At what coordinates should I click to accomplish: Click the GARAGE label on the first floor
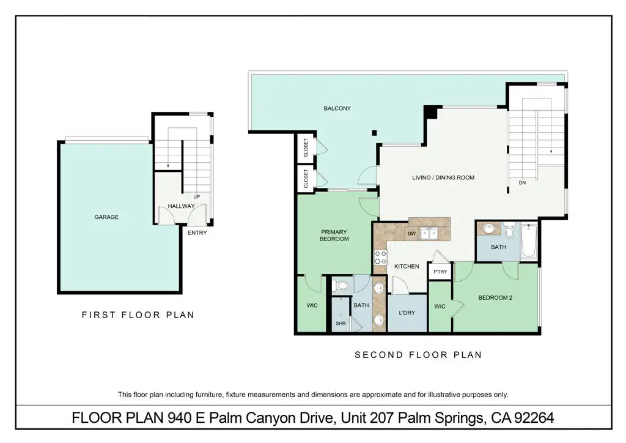click(x=106, y=217)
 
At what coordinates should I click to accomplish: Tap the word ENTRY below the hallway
click(x=197, y=233)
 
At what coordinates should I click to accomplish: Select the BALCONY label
click(x=337, y=108)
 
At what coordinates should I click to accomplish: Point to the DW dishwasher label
click(x=411, y=234)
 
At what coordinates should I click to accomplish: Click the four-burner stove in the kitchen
click(x=380, y=257)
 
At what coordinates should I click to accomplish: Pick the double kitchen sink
click(x=430, y=234)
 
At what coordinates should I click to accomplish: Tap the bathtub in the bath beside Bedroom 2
click(x=529, y=241)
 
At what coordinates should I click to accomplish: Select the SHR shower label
click(x=341, y=323)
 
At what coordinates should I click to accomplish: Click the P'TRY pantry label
click(x=440, y=272)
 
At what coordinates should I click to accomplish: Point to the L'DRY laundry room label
click(x=407, y=313)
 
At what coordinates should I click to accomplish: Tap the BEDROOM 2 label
click(x=495, y=297)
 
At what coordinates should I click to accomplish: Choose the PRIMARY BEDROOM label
click(x=334, y=236)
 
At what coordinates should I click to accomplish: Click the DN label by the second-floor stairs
click(x=522, y=182)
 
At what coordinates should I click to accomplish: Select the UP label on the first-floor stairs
click(x=196, y=196)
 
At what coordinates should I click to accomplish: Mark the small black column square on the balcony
click(x=374, y=133)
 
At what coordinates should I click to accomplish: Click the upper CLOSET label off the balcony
click(x=306, y=147)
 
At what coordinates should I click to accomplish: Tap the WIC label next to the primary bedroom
click(x=312, y=305)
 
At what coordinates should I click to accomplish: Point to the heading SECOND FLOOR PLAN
click(x=418, y=355)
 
